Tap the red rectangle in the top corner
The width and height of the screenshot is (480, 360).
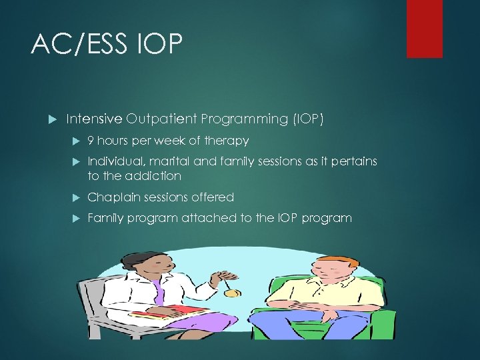tap(424, 28)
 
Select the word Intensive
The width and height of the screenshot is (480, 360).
tap(94, 119)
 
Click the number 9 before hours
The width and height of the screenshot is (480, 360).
tap(91, 141)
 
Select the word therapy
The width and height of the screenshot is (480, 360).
tap(227, 141)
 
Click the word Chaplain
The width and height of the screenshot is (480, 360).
tap(111, 197)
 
